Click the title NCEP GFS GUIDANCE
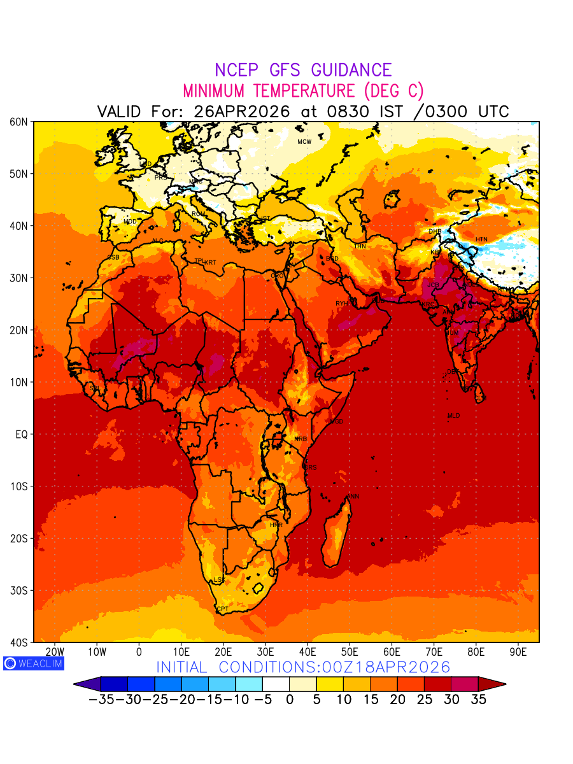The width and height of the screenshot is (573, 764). point(303,70)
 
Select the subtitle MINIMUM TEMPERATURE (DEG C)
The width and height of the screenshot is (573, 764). point(303,90)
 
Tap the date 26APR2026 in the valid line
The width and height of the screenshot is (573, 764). point(242,111)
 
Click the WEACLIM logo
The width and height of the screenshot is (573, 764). point(33,663)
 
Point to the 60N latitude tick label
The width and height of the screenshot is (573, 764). point(19,122)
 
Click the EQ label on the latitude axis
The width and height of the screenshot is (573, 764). point(22,434)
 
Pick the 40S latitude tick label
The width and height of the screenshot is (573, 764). point(19,642)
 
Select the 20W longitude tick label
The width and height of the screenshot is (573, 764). point(55,651)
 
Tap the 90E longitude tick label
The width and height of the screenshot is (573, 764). point(518,651)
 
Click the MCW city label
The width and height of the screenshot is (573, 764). point(304,141)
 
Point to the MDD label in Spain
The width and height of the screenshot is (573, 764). point(130,222)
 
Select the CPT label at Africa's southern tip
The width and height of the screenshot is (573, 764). point(222,609)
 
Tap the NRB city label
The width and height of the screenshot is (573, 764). point(301,439)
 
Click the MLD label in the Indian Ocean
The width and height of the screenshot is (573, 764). point(453,416)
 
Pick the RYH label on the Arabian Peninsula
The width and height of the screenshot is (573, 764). point(342,304)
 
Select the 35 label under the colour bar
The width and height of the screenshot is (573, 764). point(479,699)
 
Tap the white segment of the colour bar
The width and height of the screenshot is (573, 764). point(276,684)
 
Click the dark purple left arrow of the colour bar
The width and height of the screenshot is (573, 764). point(87,684)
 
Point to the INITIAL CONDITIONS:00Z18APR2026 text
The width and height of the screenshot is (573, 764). point(303,667)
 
